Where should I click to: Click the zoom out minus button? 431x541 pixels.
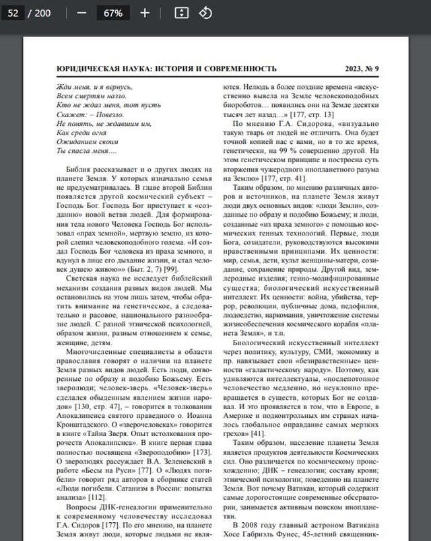point(82,13)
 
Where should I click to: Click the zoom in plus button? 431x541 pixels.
point(145,13)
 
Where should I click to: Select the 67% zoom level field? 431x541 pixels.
point(113,13)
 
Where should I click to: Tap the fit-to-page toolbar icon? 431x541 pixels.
point(180,13)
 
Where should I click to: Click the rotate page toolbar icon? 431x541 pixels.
point(205,13)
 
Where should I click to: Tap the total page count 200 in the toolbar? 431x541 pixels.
point(43,13)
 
